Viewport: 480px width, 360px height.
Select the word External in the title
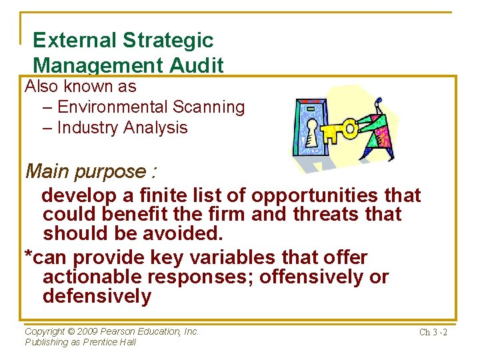pyautogui.click(x=74, y=41)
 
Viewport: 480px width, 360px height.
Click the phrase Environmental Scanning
pyautogui.click(x=151, y=107)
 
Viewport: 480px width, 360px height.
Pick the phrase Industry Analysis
pyautogui.click(x=122, y=128)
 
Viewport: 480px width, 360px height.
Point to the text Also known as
pyautogui.click(x=80, y=86)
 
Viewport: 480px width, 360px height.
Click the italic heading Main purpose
pyautogui.click(x=91, y=171)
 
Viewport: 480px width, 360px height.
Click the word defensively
pyautogui.click(x=97, y=296)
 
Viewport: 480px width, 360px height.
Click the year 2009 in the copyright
pyautogui.click(x=88, y=331)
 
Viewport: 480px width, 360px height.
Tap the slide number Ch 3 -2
pyautogui.click(x=433, y=332)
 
